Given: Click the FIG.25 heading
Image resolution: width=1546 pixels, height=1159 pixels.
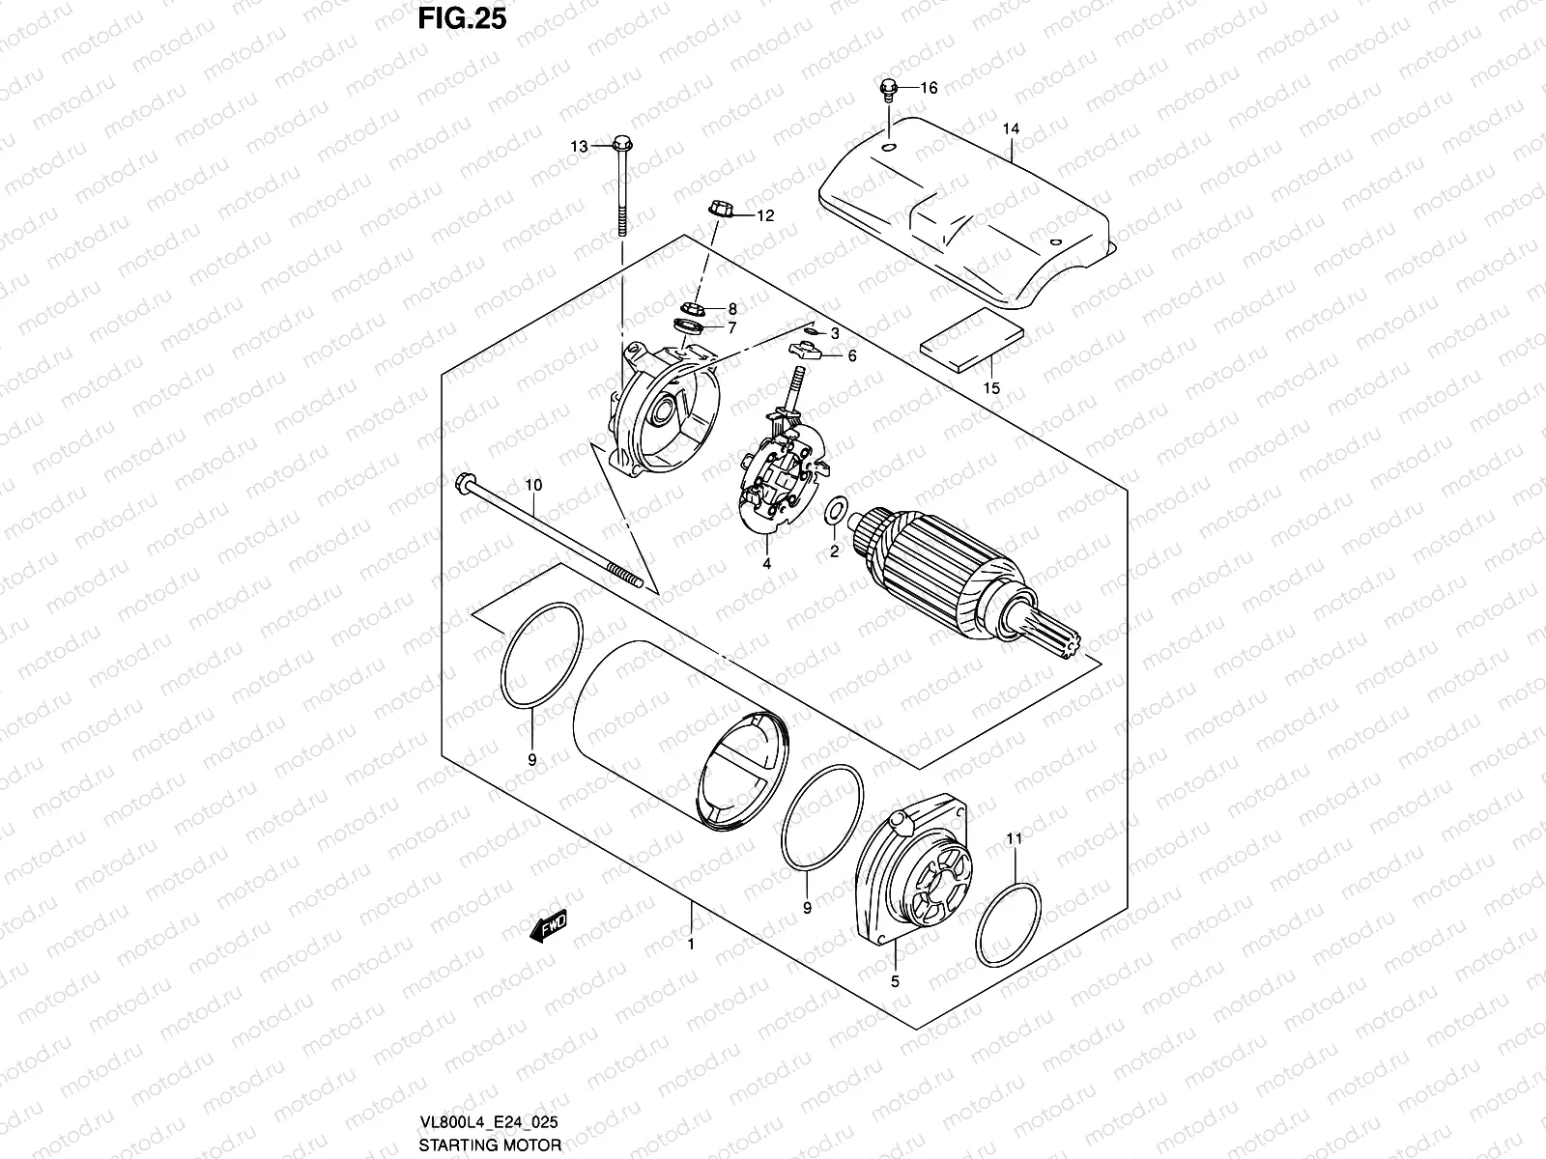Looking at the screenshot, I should coord(460,19).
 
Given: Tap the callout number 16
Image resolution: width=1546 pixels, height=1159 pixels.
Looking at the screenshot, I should coord(929,88).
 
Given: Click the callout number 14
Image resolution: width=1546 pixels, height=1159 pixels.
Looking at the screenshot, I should coord(1011,128).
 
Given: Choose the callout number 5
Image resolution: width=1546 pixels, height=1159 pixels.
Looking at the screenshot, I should coord(895,982).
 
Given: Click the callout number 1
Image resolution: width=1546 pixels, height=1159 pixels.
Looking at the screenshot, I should coord(691,945).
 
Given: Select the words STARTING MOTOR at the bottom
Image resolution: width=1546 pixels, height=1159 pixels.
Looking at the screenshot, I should coord(490,1145).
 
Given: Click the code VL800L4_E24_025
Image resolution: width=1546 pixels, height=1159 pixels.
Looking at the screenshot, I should coord(488,1123).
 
